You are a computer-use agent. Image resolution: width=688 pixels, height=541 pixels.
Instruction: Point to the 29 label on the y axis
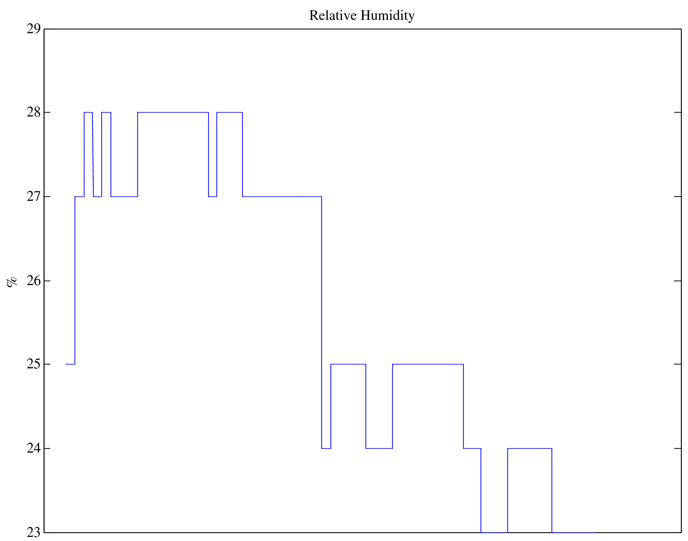[x=34, y=29]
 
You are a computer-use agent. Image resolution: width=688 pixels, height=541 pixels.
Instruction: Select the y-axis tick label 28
[x=34, y=112]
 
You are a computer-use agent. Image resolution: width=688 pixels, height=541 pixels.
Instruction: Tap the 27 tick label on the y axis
[x=34, y=197]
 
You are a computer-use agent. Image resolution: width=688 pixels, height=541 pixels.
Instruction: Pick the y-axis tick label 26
[x=34, y=281]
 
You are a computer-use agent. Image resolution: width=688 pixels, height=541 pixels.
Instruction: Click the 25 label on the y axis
[x=34, y=364]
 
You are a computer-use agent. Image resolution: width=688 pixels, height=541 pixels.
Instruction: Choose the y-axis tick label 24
[x=34, y=448]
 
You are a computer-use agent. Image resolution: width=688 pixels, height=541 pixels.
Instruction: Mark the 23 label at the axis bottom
[x=34, y=532]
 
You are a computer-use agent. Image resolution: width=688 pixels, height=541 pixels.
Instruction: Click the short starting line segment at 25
[x=70, y=364]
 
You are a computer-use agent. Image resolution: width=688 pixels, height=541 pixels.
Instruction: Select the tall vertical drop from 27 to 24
[x=322, y=322]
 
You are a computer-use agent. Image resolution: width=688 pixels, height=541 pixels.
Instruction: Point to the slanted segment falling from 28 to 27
[x=93, y=155]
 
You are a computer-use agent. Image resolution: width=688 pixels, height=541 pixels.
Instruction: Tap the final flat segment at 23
[x=574, y=532]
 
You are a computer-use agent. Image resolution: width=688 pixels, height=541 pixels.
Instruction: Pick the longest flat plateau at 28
[x=173, y=112]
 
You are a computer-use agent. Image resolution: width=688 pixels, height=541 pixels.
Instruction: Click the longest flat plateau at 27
[x=282, y=197]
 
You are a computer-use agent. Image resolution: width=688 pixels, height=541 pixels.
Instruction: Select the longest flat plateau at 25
[x=428, y=364]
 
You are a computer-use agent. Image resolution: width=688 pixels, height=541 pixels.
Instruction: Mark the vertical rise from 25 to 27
[x=75, y=280]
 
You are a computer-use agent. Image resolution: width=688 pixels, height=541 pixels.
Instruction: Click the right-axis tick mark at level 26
[x=677, y=281]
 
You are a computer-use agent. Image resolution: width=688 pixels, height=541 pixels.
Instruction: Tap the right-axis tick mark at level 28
[x=677, y=112]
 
